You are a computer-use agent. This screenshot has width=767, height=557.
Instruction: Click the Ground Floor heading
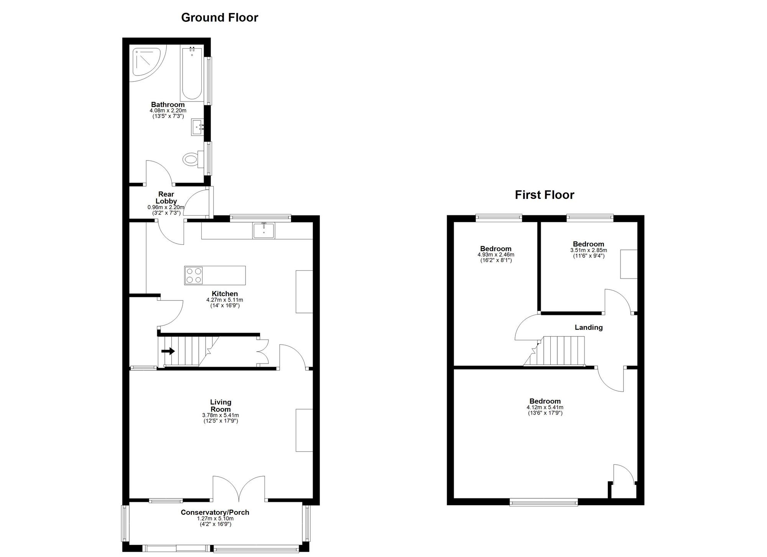(219, 18)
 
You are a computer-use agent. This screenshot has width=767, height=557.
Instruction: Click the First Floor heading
(544, 195)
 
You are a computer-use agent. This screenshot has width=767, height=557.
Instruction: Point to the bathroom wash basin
(198, 127)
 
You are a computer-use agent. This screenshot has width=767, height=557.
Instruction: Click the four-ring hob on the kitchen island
(193, 275)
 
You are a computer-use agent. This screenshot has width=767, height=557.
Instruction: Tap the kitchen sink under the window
(263, 231)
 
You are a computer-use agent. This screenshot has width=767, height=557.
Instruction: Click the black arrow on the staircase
(168, 351)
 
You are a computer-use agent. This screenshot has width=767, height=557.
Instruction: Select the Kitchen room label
(225, 294)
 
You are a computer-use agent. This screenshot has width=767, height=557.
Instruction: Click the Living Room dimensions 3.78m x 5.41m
(221, 415)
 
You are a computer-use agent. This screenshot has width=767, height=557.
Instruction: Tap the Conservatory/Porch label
(215, 512)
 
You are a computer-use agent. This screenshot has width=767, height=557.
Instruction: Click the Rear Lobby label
(166, 198)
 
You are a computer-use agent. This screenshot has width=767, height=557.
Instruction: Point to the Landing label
(588, 328)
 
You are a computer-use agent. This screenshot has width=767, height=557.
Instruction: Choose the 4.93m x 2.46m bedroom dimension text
(495, 255)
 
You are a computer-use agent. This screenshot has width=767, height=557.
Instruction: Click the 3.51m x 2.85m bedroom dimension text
(588, 250)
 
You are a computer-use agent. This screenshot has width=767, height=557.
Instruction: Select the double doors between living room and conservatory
(239, 488)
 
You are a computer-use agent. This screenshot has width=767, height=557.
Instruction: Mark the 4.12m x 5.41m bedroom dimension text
(545, 408)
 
